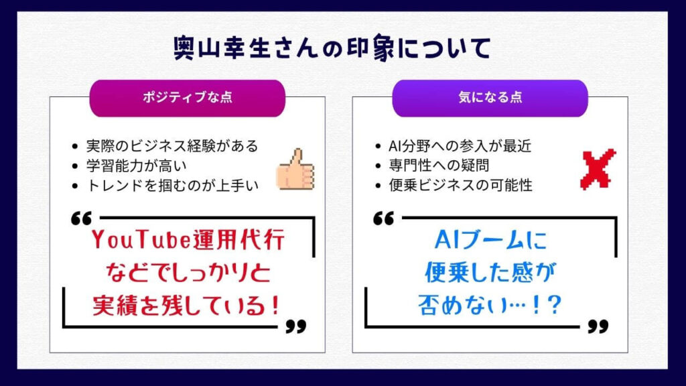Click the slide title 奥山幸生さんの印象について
pyautogui.click(x=332, y=48)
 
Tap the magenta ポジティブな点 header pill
pyautogui.click(x=188, y=98)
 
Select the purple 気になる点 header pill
pyautogui.click(x=490, y=98)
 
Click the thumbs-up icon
pyautogui.click(x=295, y=169)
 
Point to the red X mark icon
pyautogui.click(x=598, y=169)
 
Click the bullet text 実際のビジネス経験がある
pyautogui.click(x=172, y=145)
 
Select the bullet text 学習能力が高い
pyautogui.click(x=136, y=166)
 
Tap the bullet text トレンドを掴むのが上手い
pyautogui.click(x=172, y=186)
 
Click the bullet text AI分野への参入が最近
pyautogui.click(x=460, y=145)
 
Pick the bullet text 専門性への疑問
pyautogui.click(x=439, y=166)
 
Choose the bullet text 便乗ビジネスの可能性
pyautogui.click(x=460, y=185)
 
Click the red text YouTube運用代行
pyautogui.click(x=188, y=240)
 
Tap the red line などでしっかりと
pyautogui.click(x=188, y=272)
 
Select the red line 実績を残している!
pyautogui.click(x=186, y=305)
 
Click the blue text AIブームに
pyautogui.click(x=490, y=240)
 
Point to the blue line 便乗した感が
pyautogui.click(x=490, y=272)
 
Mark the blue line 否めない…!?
pyautogui.click(x=490, y=305)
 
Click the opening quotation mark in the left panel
pyautogui.click(x=81, y=218)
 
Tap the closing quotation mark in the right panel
pyautogui.click(x=598, y=326)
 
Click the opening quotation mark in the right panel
pyautogui.click(x=384, y=218)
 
